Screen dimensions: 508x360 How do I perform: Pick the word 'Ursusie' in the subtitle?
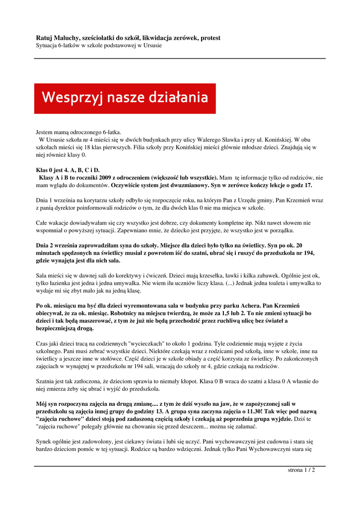click(151, 46)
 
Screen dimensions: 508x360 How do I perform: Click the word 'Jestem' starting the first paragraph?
click(45, 132)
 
